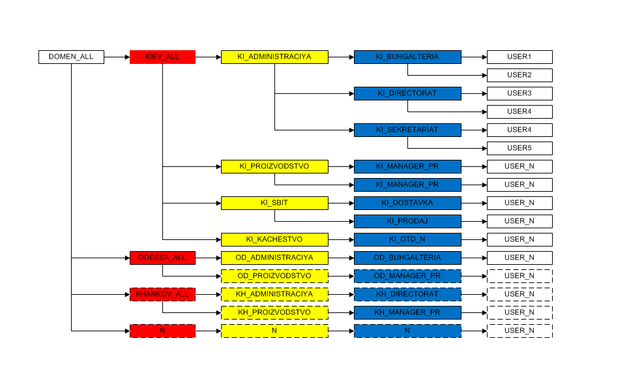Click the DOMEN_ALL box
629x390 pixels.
click(x=71, y=57)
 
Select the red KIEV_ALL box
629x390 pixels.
click(x=162, y=57)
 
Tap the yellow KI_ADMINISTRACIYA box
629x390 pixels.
click(x=274, y=57)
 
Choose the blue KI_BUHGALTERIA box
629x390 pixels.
click(x=407, y=57)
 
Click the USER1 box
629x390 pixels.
click(x=519, y=57)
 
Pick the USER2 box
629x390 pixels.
click(x=519, y=75)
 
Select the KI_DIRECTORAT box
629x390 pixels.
click(x=407, y=93)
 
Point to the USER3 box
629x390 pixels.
click(x=519, y=93)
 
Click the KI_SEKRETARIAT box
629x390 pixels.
click(x=407, y=130)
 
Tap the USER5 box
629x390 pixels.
click(x=519, y=148)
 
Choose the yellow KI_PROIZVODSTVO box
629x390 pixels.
click(x=274, y=166)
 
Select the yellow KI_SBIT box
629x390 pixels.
click(x=274, y=203)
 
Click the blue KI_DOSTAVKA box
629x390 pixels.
click(x=407, y=203)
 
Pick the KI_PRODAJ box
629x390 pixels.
click(x=407, y=221)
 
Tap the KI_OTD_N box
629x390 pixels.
click(x=407, y=239)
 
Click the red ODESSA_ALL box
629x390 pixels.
click(x=162, y=258)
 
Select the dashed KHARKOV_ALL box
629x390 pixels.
click(x=162, y=294)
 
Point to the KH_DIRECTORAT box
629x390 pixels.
click(x=407, y=294)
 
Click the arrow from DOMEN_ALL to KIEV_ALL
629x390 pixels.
click(x=117, y=57)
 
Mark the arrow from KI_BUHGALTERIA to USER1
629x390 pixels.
click(x=474, y=57)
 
